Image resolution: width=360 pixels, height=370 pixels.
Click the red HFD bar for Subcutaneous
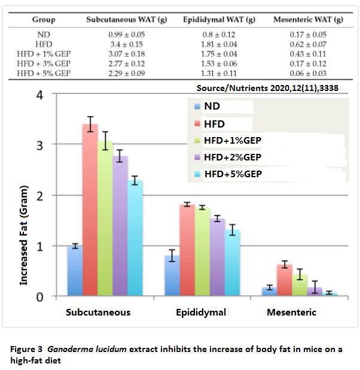pyautogui.click(x=90, y=210)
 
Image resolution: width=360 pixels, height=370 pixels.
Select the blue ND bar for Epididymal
pyautogui.click(x=172, y=275)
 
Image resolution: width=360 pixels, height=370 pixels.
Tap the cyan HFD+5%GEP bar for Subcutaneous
pyautogui.click(x=136, y=237)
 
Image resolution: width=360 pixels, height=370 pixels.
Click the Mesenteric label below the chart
pyautogui.click(x=292, y=313)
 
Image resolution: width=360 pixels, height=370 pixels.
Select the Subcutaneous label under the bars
pyautogui.click(x=98, y=313)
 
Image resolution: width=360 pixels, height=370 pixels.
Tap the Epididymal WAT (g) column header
pyautogui.click(x=219, y=20)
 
